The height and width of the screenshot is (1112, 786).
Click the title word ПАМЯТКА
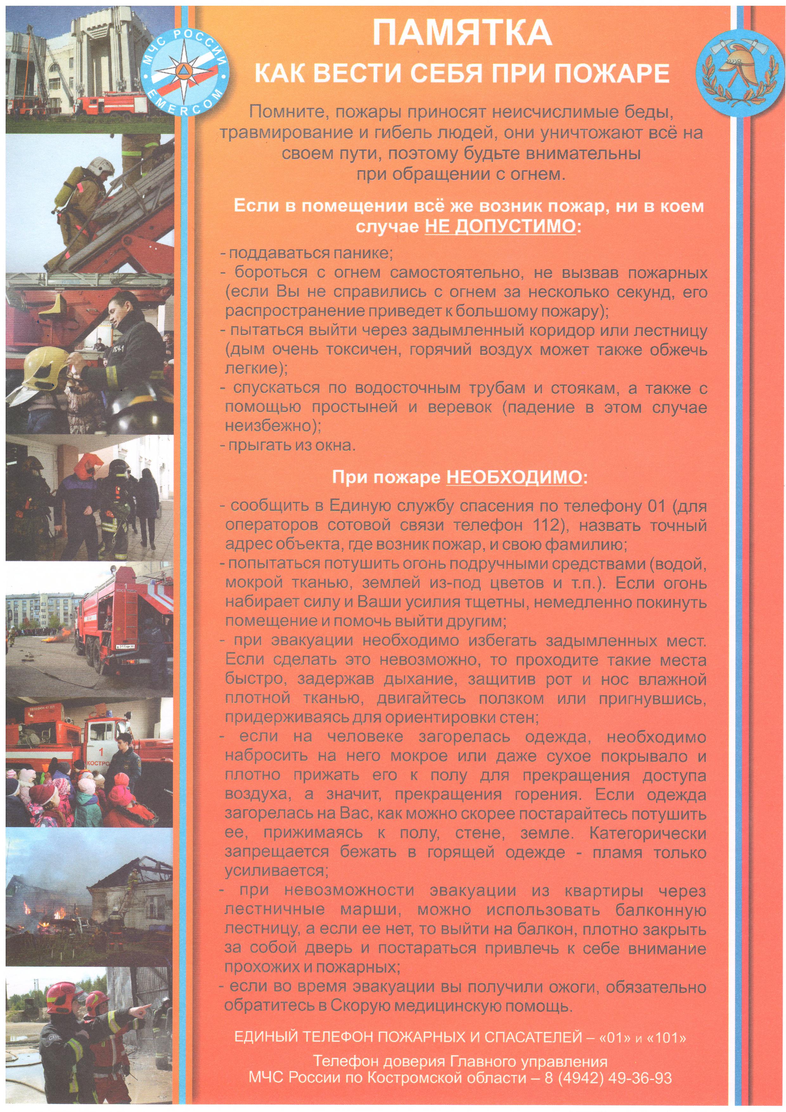tap(462, 33)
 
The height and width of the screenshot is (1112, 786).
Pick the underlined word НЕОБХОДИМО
tap(514, 478)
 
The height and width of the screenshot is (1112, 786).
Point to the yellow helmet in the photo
tap(45, 367)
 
